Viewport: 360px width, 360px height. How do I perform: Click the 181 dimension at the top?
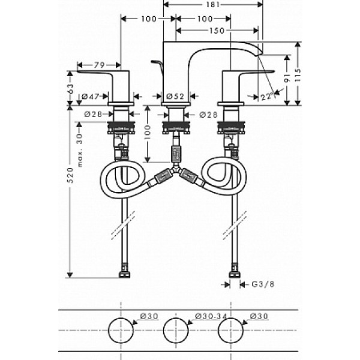(x=213, y=5)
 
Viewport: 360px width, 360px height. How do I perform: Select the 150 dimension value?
(x=217, y=31)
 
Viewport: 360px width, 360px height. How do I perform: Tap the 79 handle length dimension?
(x=99, y=65)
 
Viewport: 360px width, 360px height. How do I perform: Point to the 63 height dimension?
(x=70, y=88)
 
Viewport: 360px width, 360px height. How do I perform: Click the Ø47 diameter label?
(x=91, y=97)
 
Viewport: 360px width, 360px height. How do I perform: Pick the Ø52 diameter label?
(x=175, y=97)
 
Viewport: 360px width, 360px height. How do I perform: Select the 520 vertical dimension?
(x=70, y=175)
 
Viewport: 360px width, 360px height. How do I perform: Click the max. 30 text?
(x=79, y=151)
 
